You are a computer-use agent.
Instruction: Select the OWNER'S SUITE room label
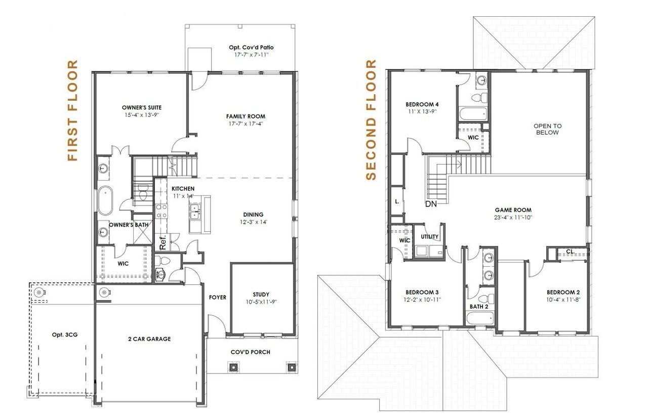(x=142, y=107)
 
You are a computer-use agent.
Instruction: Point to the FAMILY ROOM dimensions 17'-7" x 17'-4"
(x=246, y=123)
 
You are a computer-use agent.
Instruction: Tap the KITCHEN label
(x=183, y=189)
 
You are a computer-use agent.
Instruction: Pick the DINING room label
(x=253, y=215)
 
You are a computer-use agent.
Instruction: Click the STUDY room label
(x=261, y=295)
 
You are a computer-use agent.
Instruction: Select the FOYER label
(x=218, y=298)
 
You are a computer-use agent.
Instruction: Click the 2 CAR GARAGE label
(x=149, y=339)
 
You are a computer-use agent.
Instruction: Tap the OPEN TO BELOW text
(x=547, y=129)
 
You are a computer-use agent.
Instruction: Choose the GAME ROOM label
(x=513, y=210)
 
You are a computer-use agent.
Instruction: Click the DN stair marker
(x=431, y=204)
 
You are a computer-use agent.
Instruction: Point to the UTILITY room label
(x=429, y=237)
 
